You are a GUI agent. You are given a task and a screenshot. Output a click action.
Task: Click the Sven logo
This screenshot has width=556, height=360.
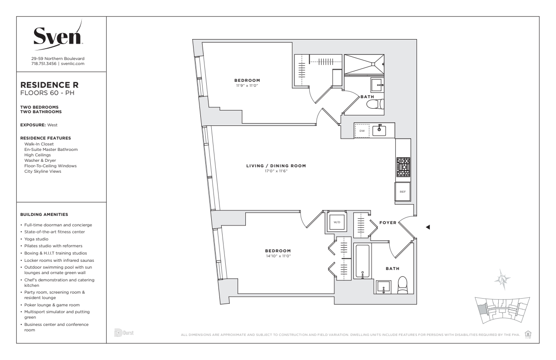tap(58, 36)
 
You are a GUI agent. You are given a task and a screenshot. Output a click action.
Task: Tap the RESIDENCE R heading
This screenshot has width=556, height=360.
tap(50, 85)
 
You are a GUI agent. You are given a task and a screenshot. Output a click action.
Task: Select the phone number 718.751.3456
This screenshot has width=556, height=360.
tap(44, 64)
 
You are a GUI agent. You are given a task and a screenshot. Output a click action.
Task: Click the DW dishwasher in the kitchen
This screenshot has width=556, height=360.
tap(362, 131)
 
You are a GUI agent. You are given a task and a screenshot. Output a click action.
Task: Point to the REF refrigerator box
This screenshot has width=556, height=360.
tap(402, 191)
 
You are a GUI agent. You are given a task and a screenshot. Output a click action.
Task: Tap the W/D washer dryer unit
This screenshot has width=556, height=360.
tap(337, 222)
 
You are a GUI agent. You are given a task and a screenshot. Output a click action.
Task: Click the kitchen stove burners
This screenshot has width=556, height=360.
tap(403, 167)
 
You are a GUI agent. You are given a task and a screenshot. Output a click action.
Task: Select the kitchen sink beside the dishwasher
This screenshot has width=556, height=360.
tap(379, 130)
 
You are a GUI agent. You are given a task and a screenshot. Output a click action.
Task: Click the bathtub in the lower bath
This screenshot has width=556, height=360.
tap(362, 261)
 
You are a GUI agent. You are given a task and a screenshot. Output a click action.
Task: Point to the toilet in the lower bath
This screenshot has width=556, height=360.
tap(402, 285)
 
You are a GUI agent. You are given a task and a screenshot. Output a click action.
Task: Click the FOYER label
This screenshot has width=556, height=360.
tap(388, 223)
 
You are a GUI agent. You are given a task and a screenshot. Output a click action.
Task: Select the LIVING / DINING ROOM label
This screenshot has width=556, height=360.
tap(276, 166)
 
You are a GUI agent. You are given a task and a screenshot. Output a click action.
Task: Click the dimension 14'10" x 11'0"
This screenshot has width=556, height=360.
tap(278, 256)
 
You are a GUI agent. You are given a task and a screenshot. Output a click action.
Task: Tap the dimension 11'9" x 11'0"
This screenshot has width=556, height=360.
tap(247, 85)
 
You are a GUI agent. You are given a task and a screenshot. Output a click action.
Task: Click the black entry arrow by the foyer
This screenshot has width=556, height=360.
tap(427, 227)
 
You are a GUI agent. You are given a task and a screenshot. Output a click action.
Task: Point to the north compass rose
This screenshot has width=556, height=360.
tap(502, 280)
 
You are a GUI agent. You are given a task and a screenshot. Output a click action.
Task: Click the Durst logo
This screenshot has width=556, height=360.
tap(124, 333)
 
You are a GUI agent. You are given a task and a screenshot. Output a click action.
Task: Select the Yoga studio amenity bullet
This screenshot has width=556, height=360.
tap(36, 239)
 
